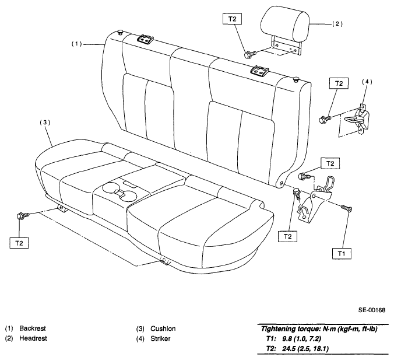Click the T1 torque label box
pos(342,253)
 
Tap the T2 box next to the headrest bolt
pos(233,19)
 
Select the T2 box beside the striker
pos(339,83)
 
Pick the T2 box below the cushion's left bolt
pos(19,243)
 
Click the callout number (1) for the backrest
pos(76,44)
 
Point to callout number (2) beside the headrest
pos(337,24)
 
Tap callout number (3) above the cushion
pos(45,123)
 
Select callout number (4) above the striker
pos(367,82)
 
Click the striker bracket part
pos(358,119)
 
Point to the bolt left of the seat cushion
pos(22,216)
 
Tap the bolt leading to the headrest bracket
pos(249,54)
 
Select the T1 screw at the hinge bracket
pos(347,208)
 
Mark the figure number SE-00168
pos(372,310)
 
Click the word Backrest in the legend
pos(33,328)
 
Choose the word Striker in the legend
pos(160,338)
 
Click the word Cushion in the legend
pos(163,328)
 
